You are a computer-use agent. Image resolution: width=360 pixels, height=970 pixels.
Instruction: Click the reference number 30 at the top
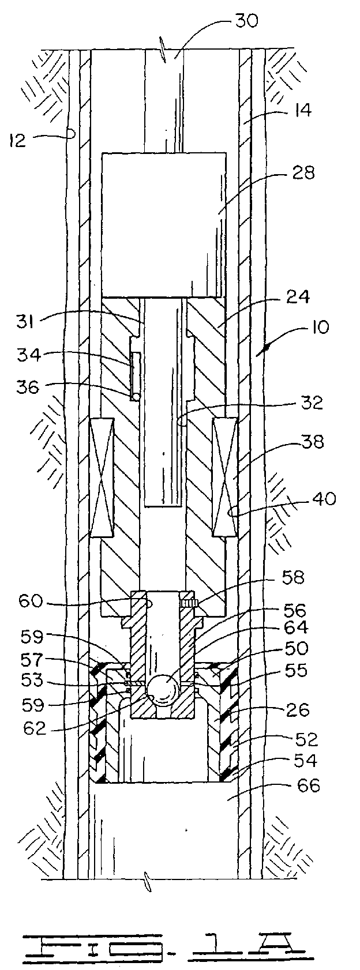click(246, 20)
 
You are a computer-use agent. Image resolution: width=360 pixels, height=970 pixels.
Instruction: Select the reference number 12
click(18, 140)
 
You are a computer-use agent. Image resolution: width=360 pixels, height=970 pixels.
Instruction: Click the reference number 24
click(298, 297)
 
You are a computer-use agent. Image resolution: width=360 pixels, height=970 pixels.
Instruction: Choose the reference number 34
click(29, 355)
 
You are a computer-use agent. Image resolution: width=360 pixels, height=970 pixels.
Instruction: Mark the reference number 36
click(28, 387)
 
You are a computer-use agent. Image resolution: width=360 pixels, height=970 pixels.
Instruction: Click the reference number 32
click(312, 403)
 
